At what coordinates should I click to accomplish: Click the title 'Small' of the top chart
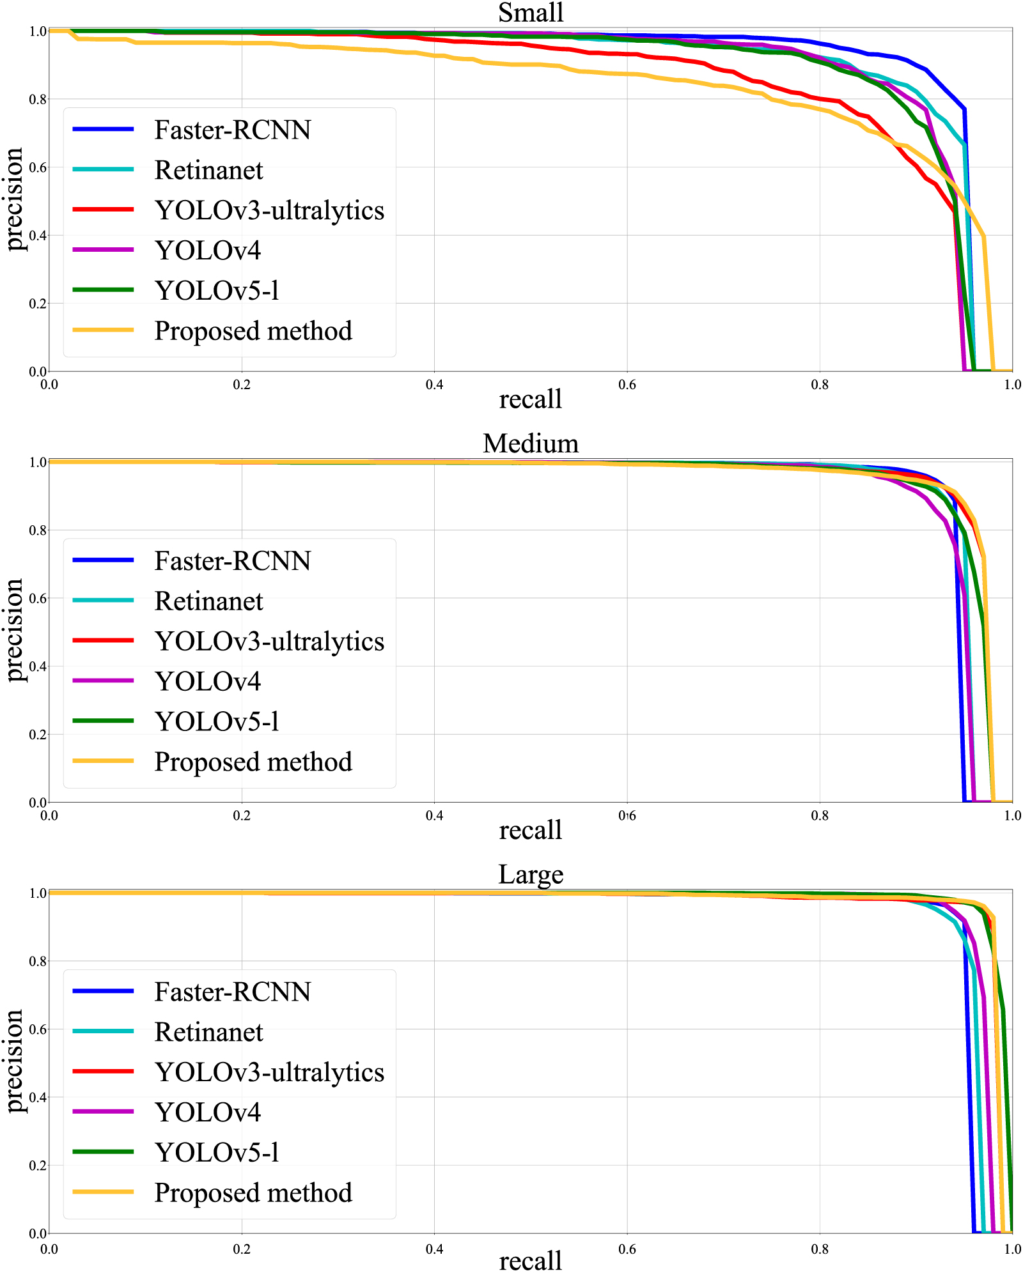point(530,13)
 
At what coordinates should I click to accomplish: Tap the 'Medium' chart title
point(530,443)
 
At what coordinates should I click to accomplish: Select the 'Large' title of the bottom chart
point(530,874)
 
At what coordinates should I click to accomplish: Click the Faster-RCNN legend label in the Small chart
point(232,130)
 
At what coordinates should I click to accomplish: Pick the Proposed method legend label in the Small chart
point(253,330)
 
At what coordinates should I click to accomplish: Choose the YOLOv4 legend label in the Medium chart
point(208,681)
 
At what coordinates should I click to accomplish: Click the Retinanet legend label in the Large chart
point(208,1032)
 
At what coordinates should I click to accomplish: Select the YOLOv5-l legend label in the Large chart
point(217,1152)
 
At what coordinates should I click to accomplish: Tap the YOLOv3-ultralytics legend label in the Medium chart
point(269,641)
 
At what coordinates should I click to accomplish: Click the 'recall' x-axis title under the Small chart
point(530,399)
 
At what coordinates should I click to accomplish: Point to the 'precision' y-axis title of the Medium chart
point(14,630)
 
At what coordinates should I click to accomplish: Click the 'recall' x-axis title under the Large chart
point(530,1261)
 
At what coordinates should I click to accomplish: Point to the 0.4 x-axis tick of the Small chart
point(434,385)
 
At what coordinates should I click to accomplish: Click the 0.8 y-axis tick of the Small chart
point(38,99)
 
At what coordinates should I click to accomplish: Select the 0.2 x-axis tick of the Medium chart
point(242,816)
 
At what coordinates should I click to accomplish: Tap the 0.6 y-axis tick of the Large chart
point(38,1029)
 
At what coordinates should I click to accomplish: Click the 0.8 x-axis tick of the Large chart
point(820,1247)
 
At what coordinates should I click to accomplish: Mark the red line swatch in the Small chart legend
point(103,210)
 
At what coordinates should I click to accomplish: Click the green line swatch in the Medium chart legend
point(103,721)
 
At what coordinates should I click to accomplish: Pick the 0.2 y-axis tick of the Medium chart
point(38,734)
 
